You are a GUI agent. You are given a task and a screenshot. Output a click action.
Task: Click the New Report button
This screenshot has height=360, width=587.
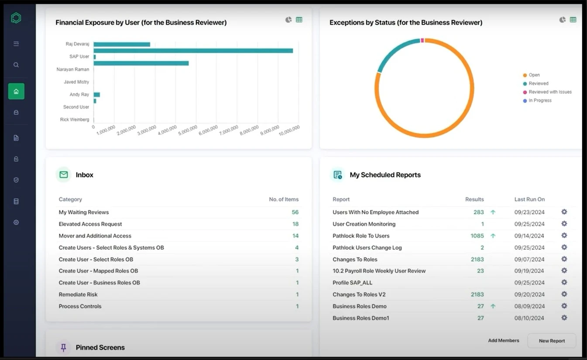click(552, 341)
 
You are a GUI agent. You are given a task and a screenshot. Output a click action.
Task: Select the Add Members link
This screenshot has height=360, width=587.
click(503, 340)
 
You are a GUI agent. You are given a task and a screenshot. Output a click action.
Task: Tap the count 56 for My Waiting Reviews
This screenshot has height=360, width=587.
click(295, 212)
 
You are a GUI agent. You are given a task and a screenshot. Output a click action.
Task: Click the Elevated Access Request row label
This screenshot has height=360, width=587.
click(90, 224)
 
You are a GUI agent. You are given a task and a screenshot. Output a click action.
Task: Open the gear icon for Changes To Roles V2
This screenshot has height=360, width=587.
click(564, 294)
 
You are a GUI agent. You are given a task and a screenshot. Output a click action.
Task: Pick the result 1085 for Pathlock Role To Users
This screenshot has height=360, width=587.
click(477, 236)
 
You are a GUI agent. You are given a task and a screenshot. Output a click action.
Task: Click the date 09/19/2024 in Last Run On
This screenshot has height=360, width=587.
click(529, 271)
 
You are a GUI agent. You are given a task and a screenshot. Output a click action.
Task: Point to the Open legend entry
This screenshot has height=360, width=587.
click(534, 75)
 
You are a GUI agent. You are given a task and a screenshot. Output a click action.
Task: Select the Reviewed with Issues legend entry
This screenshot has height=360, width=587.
click(549, 92)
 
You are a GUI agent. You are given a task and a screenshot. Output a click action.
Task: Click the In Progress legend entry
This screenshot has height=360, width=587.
click(539, 100)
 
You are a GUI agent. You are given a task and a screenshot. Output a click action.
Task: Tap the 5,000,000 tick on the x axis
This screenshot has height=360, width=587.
click(188, 130)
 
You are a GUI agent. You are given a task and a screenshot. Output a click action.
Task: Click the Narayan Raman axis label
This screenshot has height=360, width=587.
click(73, 69)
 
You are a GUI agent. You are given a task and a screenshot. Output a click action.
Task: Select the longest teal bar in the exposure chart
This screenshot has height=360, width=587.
click(193, 51)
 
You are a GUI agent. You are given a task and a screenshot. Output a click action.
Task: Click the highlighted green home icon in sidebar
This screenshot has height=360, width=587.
click(16, 91)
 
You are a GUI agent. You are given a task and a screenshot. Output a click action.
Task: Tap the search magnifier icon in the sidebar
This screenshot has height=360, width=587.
click(16, 65)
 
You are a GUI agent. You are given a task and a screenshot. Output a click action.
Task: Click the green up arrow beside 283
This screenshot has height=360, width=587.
click(493, 212)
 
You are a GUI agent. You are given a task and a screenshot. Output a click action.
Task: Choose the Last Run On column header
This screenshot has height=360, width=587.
click(529, 199)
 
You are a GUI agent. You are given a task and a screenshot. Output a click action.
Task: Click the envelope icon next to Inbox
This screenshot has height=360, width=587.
click(64, 175)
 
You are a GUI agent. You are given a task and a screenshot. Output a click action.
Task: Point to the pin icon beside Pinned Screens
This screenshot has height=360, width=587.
click(64, 347)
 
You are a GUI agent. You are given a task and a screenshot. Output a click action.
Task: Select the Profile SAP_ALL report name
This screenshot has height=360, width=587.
click(352, 283)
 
